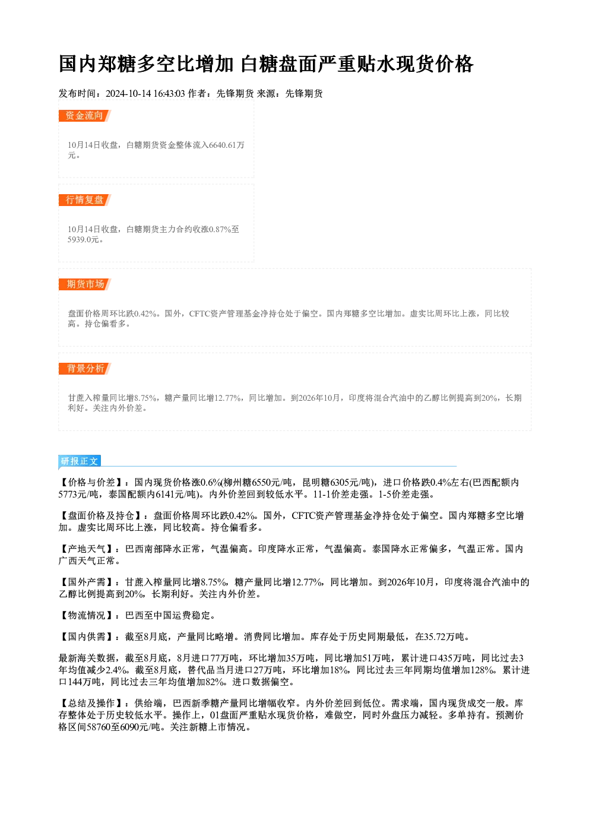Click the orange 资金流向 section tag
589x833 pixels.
(84, 116)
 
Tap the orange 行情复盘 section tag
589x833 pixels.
(84, 200)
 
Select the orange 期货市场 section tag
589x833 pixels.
(85, 284)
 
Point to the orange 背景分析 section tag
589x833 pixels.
(85, 369)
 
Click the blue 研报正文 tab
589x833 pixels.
(79, 461)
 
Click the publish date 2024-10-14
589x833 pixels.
(128, 94)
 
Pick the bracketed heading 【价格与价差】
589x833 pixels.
(91, 483)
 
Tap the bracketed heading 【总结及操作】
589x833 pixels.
(91, 703)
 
